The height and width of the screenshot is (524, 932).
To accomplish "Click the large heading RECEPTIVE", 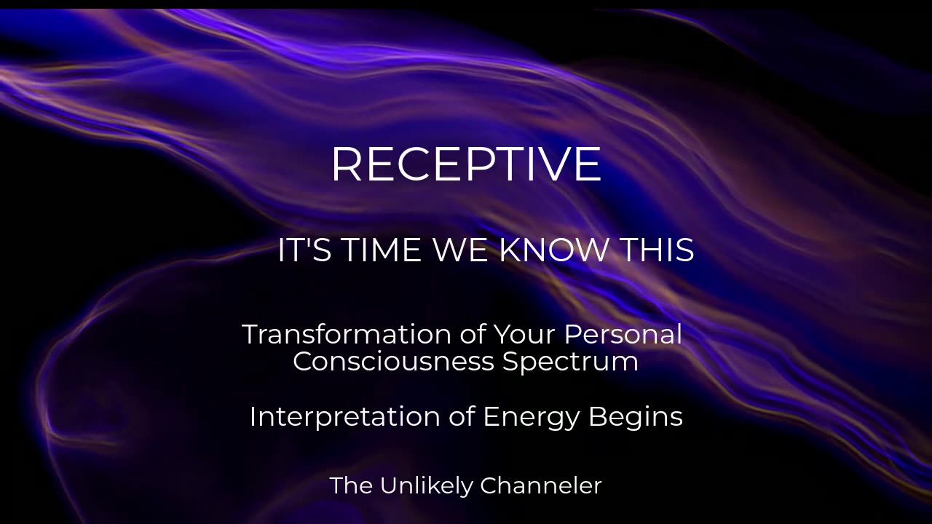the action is (466, 164).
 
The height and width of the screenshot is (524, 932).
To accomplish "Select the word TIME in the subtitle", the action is (382, 250).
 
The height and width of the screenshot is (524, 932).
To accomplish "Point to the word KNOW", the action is (553, 250).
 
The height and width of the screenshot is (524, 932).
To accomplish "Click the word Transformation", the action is (346, 334).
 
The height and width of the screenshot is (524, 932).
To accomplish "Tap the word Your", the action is (524, 334).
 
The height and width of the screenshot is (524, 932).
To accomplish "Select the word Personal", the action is (623, 334).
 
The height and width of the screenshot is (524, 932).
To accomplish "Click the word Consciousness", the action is (394, 361).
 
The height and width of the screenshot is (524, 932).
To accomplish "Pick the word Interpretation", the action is (345, 416).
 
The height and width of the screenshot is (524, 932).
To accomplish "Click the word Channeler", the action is (541, 485).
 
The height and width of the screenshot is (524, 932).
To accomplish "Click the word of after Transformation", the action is (473, 334).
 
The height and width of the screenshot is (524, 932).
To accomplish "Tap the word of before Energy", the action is (462, 416).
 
